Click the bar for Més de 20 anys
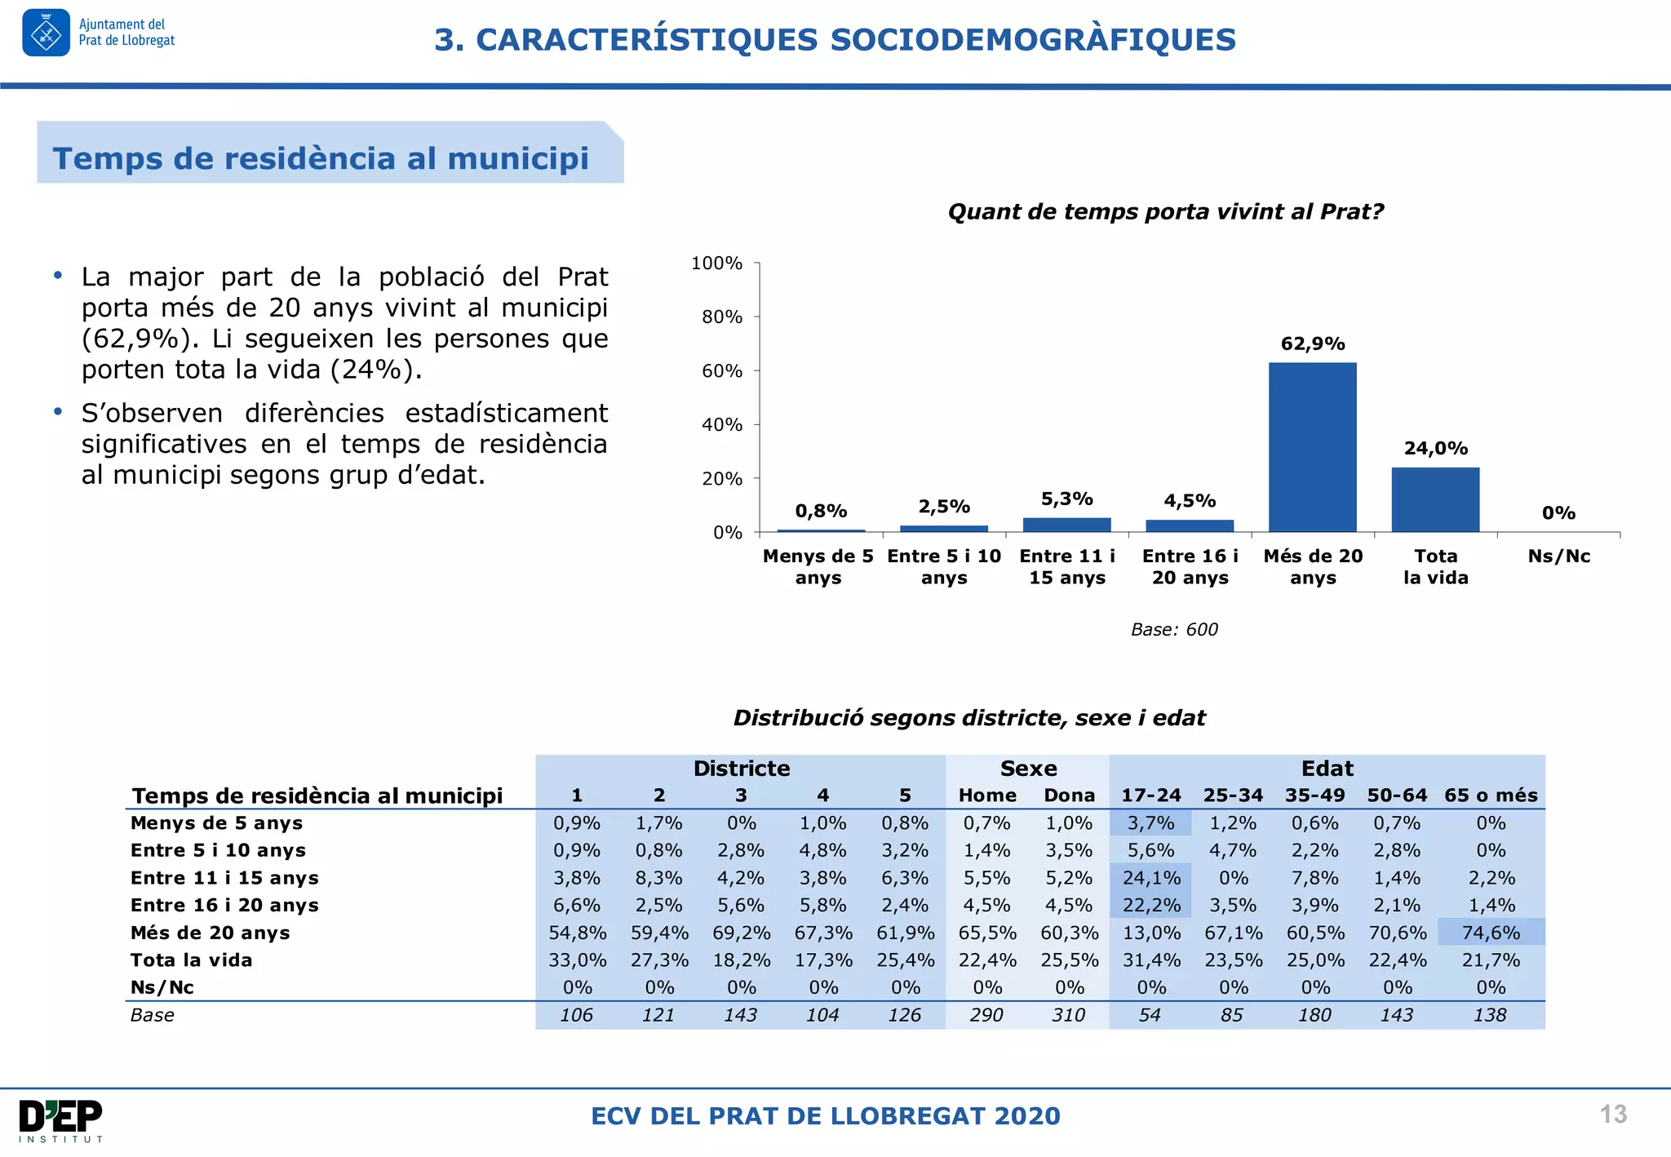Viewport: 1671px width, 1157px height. click(1312, 447)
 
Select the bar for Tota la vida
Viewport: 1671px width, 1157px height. click(1435, 499)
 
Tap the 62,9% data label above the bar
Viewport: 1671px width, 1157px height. click(1312, 344)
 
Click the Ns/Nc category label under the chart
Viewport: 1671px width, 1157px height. click(1558, 556)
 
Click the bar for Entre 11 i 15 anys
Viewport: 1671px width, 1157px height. click(1066, 525)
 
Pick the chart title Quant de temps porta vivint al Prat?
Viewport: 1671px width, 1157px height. click(1165, 212)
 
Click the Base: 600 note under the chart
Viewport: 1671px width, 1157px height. click(1173, 629)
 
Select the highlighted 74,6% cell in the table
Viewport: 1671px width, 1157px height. click(1490, 933)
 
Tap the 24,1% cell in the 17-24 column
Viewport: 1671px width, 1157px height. click(1150, 878)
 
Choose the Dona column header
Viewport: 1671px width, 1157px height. click(1069, 796)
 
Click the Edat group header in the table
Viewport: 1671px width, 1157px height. click(1327, 769)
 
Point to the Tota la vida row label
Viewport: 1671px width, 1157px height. click(191, 960)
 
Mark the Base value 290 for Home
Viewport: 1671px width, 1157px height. click(986, 1015)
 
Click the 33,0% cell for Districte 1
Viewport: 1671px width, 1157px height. click(577, 960)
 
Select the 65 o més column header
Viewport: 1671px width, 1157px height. click(1490, 796)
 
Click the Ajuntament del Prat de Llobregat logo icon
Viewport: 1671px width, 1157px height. click(46, 33)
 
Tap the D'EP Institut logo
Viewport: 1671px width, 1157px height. click(61, 1120)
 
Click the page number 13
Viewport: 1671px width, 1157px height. click(1612, 1115)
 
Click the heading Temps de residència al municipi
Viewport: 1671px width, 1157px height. click(321, 158)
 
